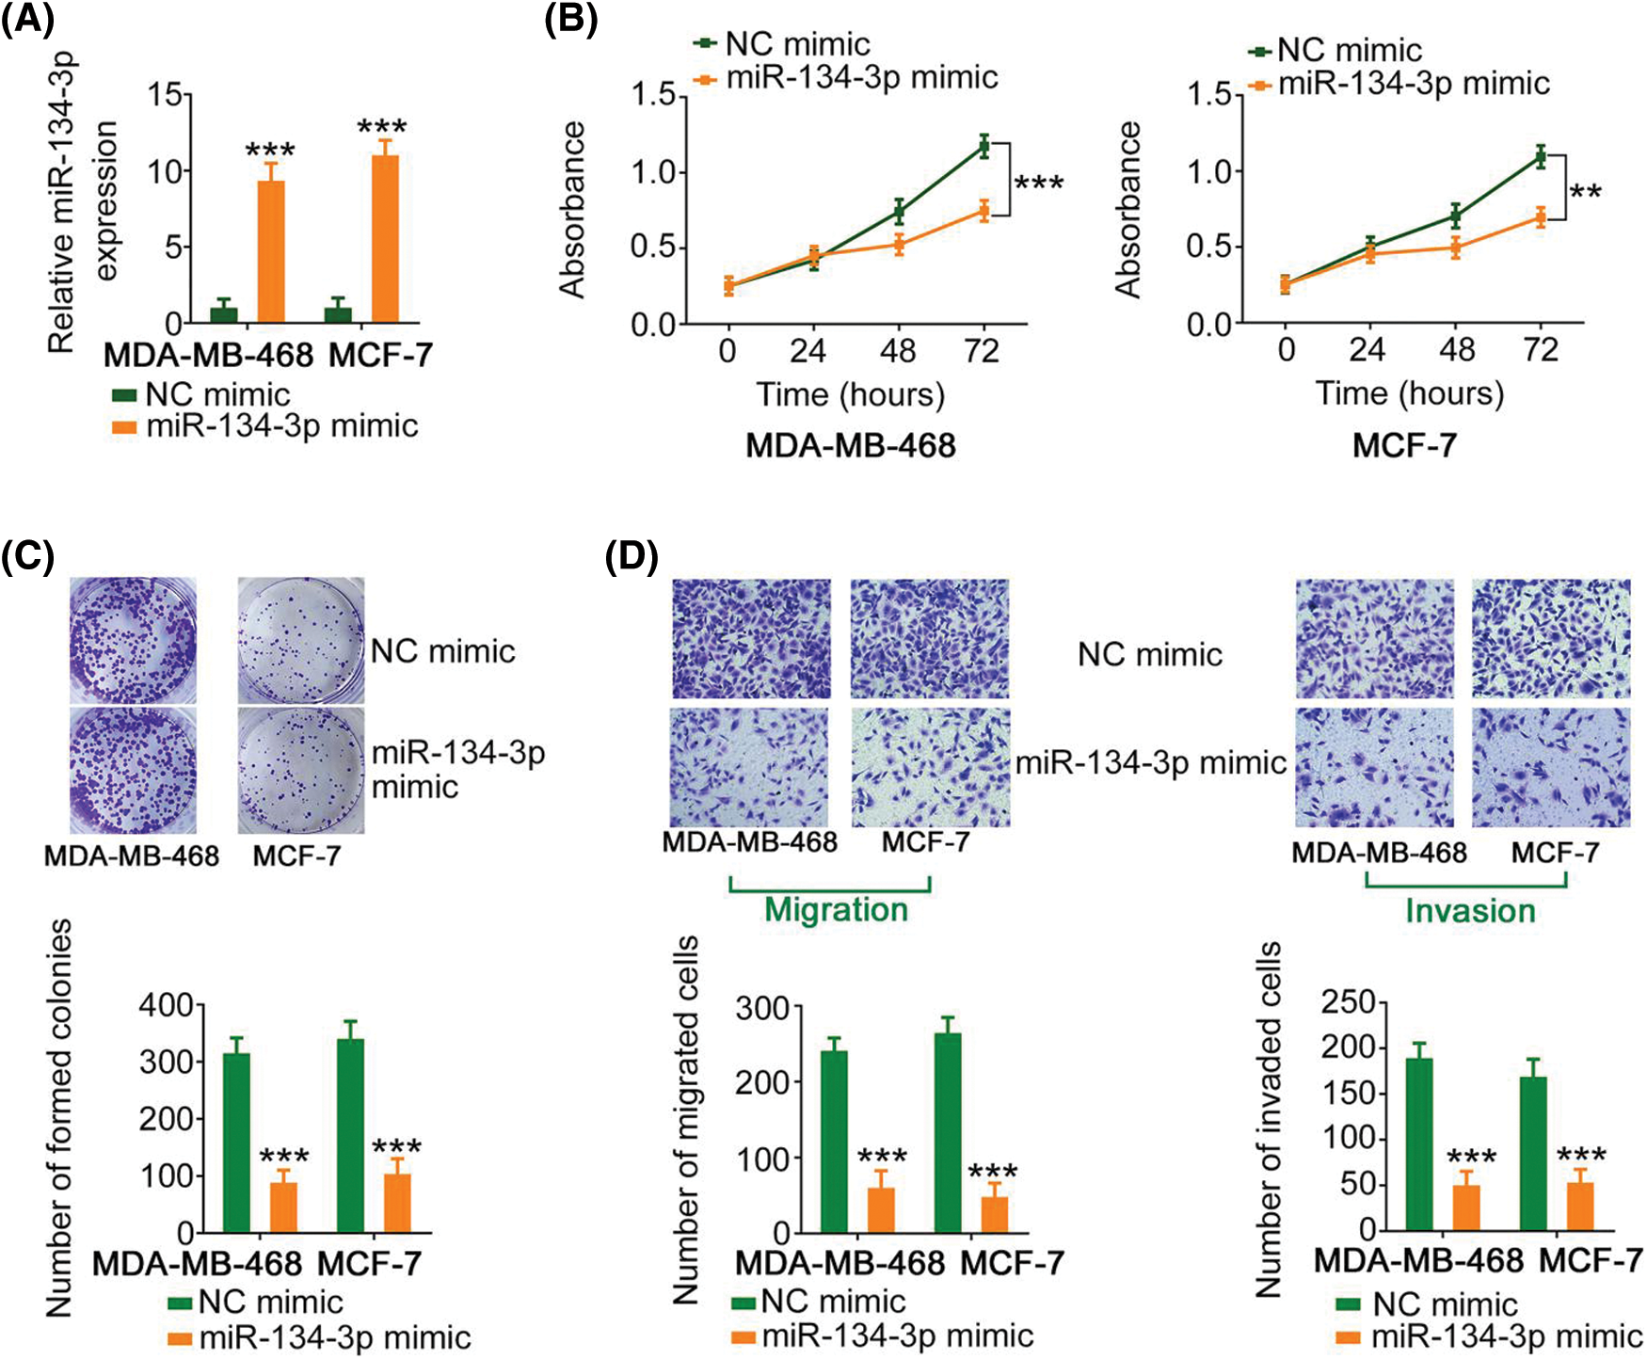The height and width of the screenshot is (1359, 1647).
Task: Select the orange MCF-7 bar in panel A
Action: pyautogui.click(x=385, y=239)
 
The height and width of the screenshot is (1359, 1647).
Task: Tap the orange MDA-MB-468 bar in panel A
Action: pyautogui.click(x=271, y=251)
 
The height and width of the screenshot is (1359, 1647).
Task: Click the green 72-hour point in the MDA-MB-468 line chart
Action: pyautogui.click(x=983, y=146)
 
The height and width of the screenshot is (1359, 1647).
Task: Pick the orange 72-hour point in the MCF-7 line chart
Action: pyautogui.click(x=1541, y=217)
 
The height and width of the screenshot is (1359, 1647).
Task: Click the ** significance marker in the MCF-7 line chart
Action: pyautogui.click(x=1586, y=193)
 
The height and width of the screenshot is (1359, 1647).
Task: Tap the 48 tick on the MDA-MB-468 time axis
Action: pyautogui.click(x=898, y=352)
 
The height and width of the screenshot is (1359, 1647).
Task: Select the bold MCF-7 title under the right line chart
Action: pyautogui.click(x=1404, y=445)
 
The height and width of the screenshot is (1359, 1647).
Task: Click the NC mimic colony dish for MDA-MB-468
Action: pyautogui.click(x=133, y=640)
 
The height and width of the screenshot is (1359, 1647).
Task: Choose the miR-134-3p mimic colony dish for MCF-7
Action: pyautogui.click(x=300, y=770)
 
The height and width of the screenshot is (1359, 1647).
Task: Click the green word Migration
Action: pyautogui.click(x=836, y=910)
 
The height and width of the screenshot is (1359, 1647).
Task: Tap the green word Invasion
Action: pyautogui.click(x=1470, y=911)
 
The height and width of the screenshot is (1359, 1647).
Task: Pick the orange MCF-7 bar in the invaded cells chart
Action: pyautogui.click(x=1580, y=1207)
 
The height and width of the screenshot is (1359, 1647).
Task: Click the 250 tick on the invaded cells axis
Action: pyautogui.click(x=1348, y=1002)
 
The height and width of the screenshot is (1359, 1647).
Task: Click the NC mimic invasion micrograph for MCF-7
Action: pyautogui.click(x=1551, y=639)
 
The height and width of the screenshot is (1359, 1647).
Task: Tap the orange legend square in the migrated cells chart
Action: pyautogui.click(x=744, y=1336)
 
